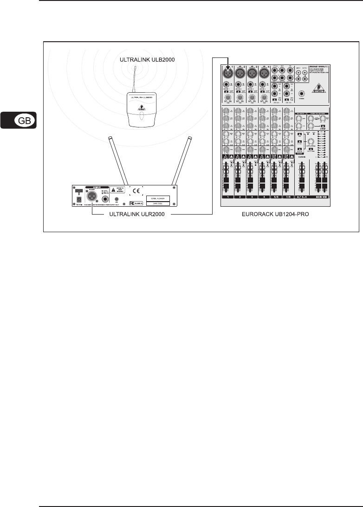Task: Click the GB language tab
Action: [22, 121]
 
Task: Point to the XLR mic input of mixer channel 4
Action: [264, 72]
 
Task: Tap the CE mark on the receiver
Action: [136, 190]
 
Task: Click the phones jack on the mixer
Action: [303, 93]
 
